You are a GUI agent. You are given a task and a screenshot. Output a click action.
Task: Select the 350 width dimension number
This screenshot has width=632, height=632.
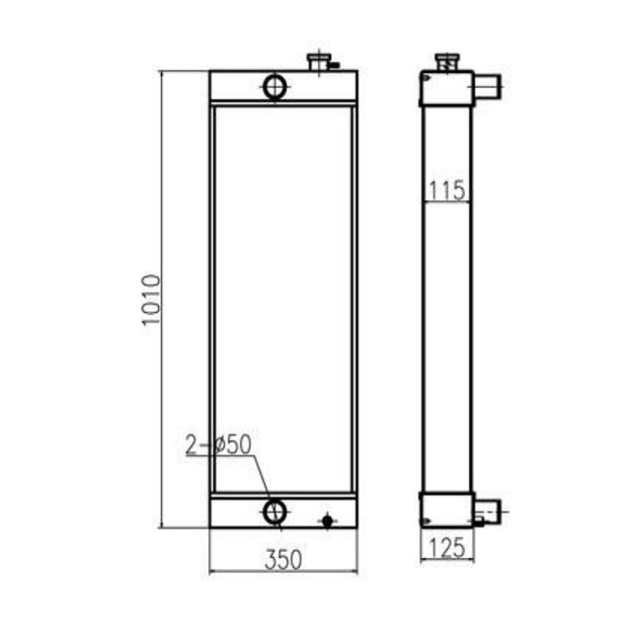283,560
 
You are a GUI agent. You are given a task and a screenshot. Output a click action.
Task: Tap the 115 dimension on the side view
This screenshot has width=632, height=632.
447,190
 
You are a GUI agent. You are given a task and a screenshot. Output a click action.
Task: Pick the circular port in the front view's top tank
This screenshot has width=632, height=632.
276,86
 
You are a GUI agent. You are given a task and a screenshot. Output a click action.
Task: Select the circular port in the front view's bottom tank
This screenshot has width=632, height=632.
275,512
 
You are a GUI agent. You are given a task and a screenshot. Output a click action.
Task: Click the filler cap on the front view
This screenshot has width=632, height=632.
320,62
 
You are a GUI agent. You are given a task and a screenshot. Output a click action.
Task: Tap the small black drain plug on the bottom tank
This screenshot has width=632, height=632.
329,519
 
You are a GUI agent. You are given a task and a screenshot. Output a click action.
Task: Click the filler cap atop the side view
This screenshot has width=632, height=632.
446,63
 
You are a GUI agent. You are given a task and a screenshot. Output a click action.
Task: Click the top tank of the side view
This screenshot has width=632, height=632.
446,90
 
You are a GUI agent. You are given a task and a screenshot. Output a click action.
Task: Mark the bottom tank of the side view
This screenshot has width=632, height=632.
446,510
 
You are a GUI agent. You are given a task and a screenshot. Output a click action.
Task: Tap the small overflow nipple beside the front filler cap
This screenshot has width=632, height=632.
335,66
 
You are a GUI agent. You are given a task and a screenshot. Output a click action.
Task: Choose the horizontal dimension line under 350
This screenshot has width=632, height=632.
283,572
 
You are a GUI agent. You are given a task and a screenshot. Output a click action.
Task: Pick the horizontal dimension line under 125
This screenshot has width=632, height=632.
446,561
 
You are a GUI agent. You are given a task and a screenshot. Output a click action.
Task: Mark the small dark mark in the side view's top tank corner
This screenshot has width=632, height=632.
425,75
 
